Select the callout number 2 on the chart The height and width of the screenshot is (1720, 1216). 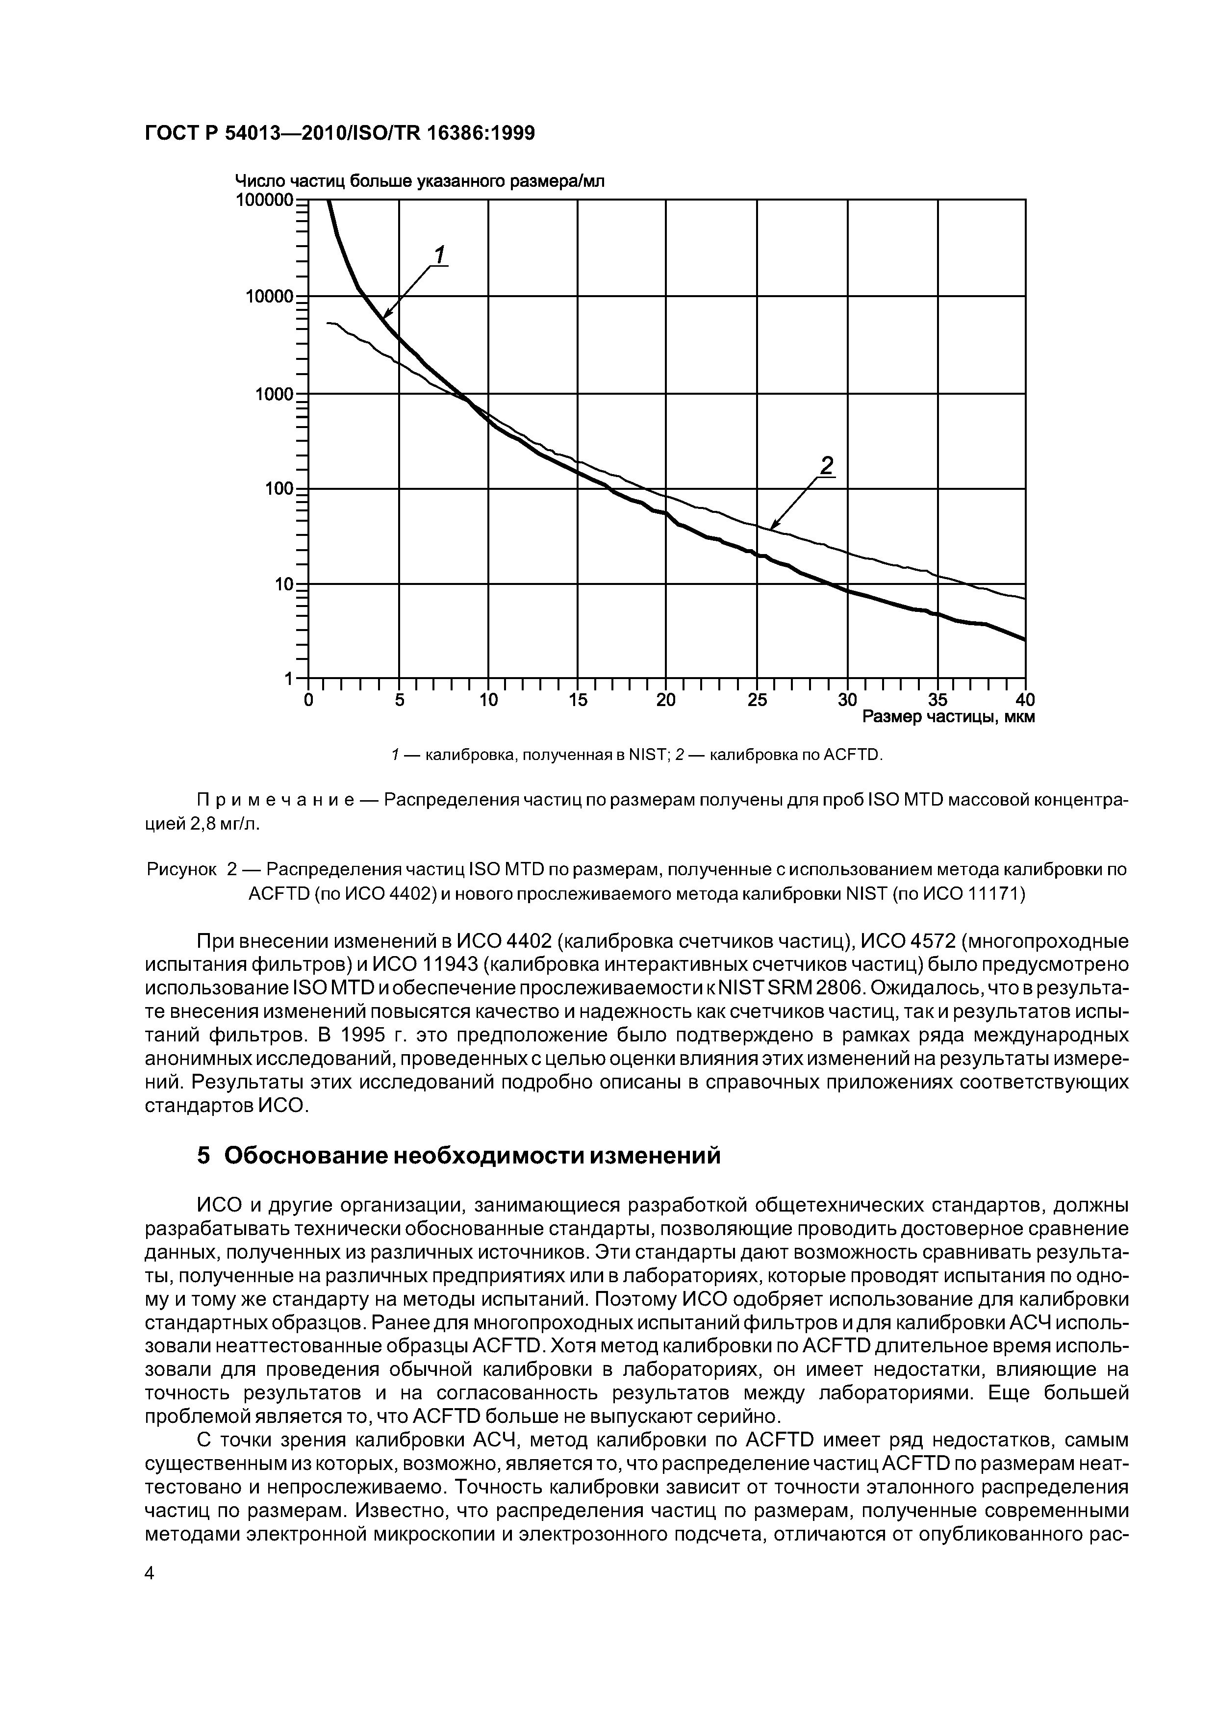[826, 466]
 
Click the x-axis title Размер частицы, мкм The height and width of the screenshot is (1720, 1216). [948, 718]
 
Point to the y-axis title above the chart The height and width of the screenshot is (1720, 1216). [420, 181]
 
